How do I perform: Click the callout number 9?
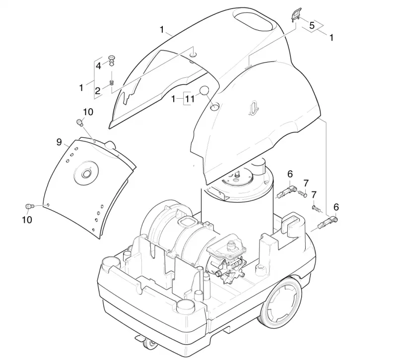pos(59,142)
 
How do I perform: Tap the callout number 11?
pos(190,99)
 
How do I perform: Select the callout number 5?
pos(312,25)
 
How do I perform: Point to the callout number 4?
pos(98,66)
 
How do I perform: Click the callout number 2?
pos(98,91)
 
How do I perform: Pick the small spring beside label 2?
pos(112,82)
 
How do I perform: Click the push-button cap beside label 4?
pos(112,60)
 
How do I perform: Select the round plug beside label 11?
pos(204,90)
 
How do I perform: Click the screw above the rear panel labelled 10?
pos(80,122)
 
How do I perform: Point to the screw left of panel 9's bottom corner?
pos(29,206)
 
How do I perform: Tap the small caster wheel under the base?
pos(148,344)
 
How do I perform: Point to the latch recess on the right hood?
pos(254,108)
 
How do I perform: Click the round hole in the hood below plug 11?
pos(214,107)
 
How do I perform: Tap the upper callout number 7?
pos(306,183)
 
